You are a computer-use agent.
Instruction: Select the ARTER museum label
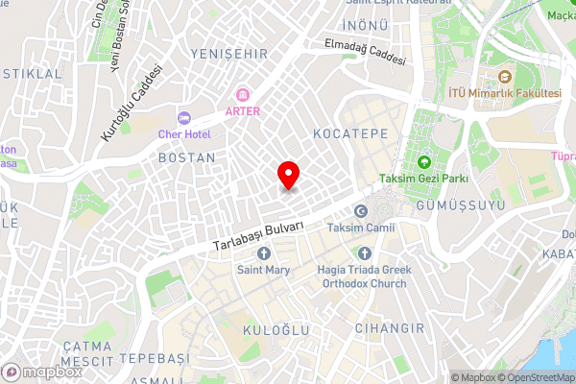coord(242,110)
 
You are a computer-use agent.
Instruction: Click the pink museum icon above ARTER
coord(242,95)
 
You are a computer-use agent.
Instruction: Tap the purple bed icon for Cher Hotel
coord(183,117)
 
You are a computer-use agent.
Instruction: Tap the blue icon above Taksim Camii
coord(361,211)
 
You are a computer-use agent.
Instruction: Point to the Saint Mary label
coord(264,269)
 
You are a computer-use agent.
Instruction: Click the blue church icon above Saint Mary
coord(264,252)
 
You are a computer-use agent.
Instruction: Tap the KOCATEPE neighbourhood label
coord(350,133)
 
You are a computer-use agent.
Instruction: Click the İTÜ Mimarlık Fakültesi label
coord(505,92)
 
